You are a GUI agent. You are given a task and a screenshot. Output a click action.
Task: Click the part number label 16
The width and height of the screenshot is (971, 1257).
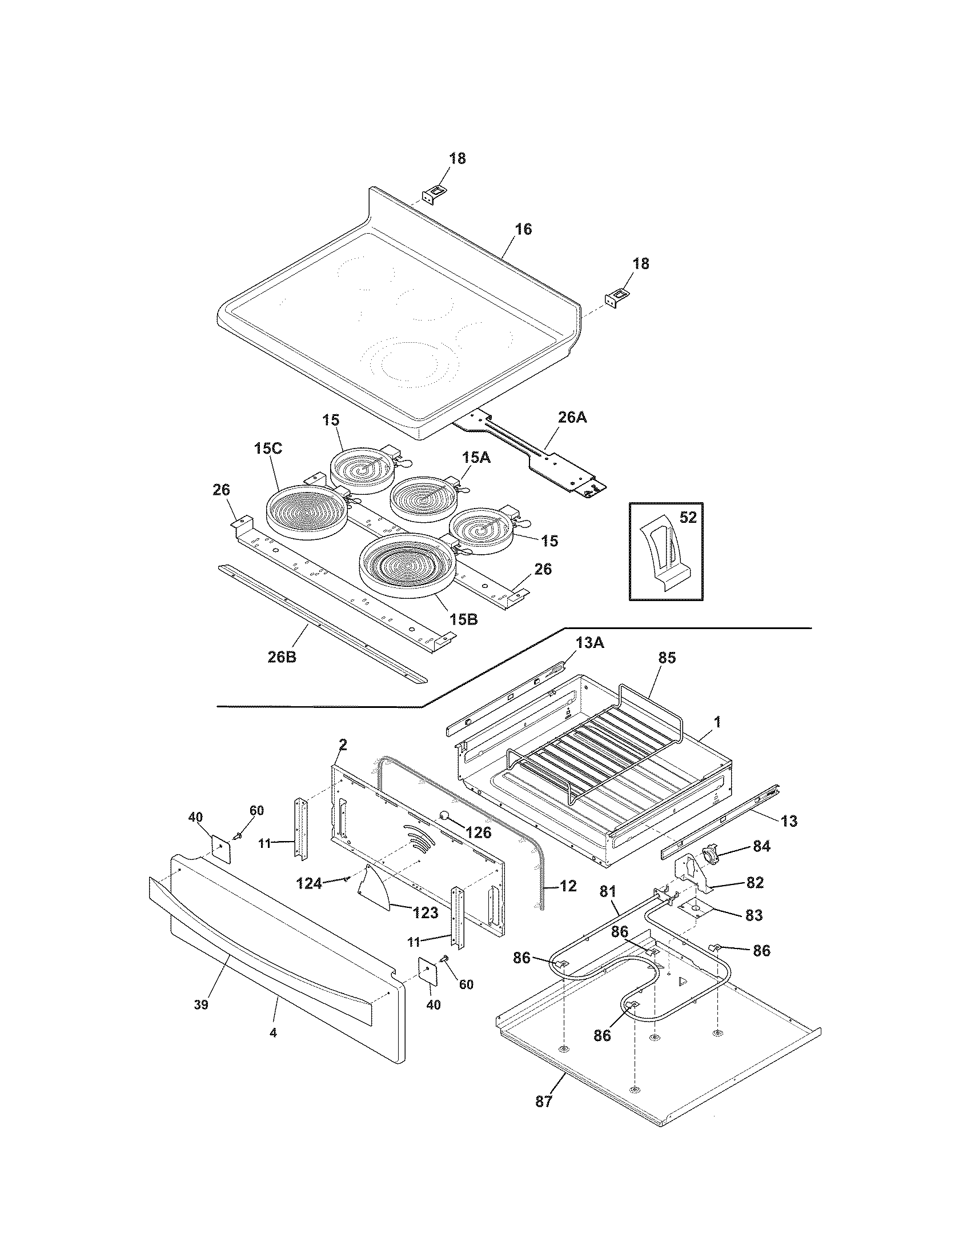523,230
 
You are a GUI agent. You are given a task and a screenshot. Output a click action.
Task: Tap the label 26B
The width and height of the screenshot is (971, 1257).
282,656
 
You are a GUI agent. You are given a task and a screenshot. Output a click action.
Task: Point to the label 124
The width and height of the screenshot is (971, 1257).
310,883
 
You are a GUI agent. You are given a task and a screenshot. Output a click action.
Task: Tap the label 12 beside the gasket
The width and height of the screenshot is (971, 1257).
568,886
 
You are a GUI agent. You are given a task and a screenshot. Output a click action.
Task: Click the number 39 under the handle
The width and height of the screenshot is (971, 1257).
200,1004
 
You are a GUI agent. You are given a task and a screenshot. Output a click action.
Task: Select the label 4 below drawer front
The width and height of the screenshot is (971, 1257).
273,1033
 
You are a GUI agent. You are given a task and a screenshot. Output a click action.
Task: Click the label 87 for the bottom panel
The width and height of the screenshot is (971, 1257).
543,1118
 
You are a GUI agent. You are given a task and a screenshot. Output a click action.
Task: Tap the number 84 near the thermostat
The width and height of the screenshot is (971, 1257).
761,847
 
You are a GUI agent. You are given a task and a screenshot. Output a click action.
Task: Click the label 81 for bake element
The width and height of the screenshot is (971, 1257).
608,892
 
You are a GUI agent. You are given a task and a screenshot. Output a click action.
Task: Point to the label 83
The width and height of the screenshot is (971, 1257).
753,915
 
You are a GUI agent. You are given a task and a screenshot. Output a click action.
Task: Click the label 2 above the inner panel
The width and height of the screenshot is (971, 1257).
343,744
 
